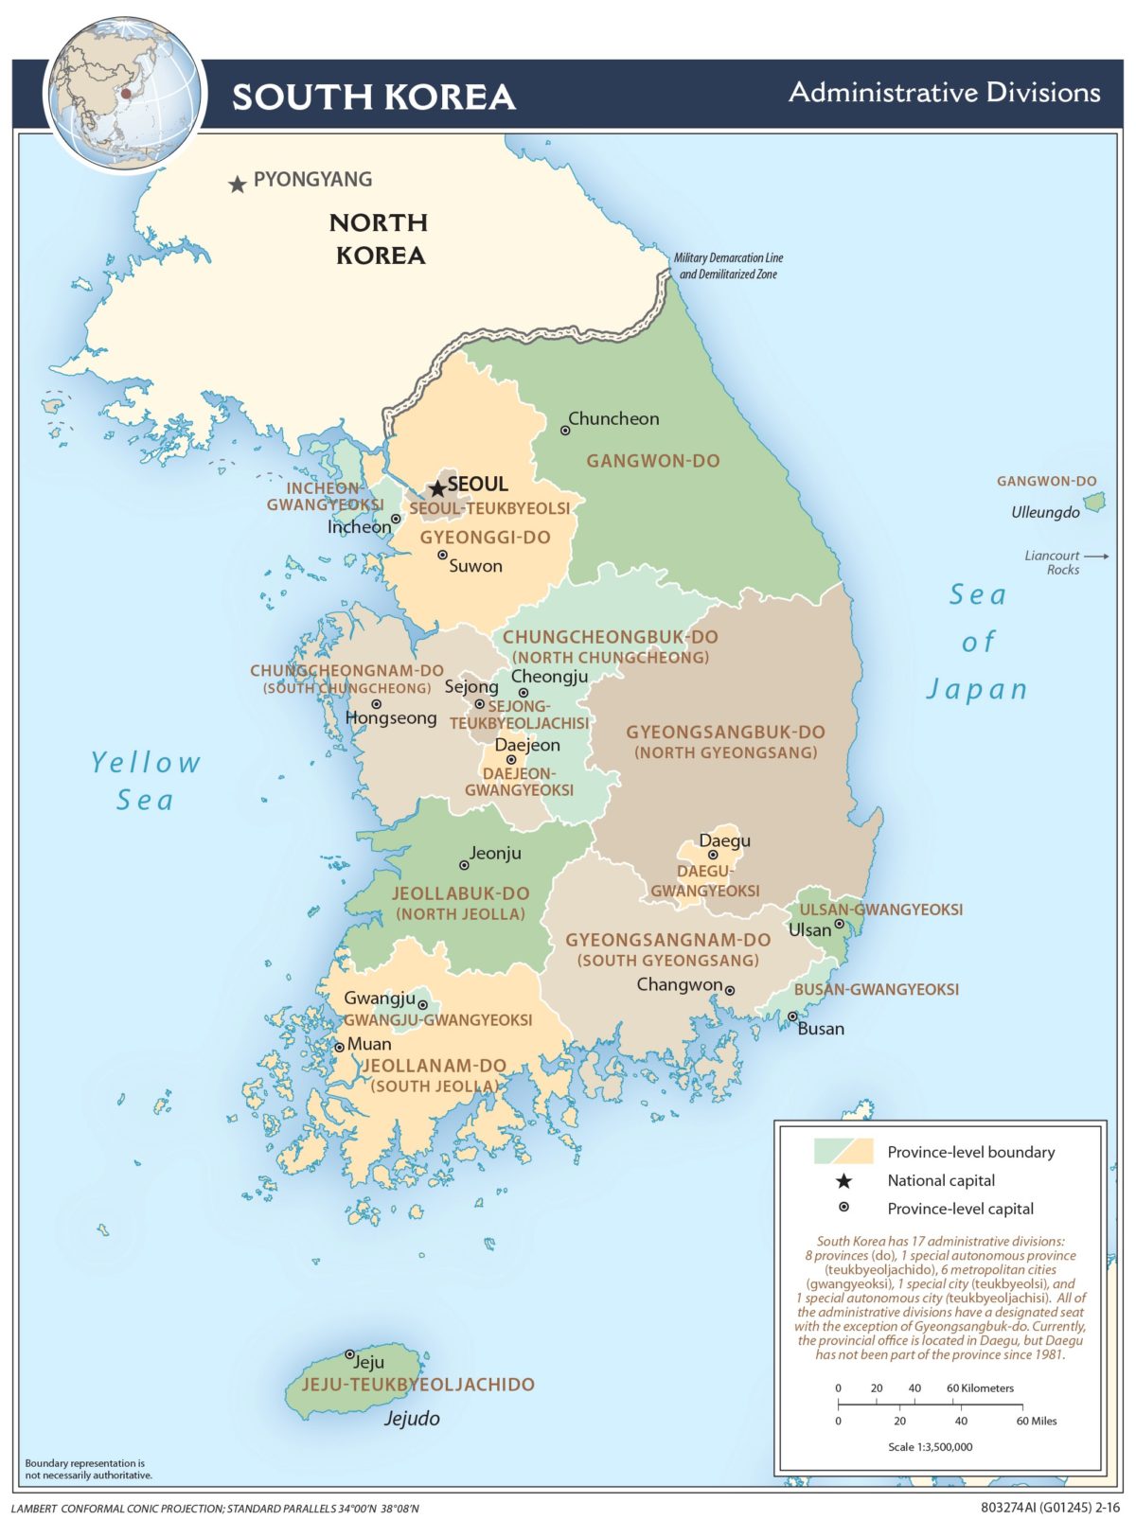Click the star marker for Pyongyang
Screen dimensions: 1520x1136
tap(238, 185)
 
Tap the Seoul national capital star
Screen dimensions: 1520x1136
tap(437, 489)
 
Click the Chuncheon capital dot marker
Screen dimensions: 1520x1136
tap(565, 430)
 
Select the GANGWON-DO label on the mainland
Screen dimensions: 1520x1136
tap(653, 461)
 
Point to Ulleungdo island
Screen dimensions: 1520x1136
tap(1094, 503)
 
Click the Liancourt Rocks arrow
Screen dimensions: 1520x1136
tap(1096, 557)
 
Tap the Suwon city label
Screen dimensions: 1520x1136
tap(475, 566)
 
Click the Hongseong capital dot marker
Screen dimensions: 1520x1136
tap(377, 704)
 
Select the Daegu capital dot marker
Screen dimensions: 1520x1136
tap(713, 855)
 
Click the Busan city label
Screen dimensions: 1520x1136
tap(821, 1029)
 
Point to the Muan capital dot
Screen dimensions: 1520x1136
tap(340, 1048)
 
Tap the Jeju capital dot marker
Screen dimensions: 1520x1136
tap(349, 1354)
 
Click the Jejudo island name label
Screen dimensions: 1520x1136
tap(412, 1418)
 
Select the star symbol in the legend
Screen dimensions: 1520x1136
tap(843, 1180)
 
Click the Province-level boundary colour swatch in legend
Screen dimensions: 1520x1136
tap(843, 1152)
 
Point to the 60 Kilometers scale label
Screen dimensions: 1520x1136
tap(980, 1388)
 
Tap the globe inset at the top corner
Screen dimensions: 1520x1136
tap(124, 95)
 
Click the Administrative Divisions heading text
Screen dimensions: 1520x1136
tap(944, 93)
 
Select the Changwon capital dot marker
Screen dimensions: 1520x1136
tap(730, 990)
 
